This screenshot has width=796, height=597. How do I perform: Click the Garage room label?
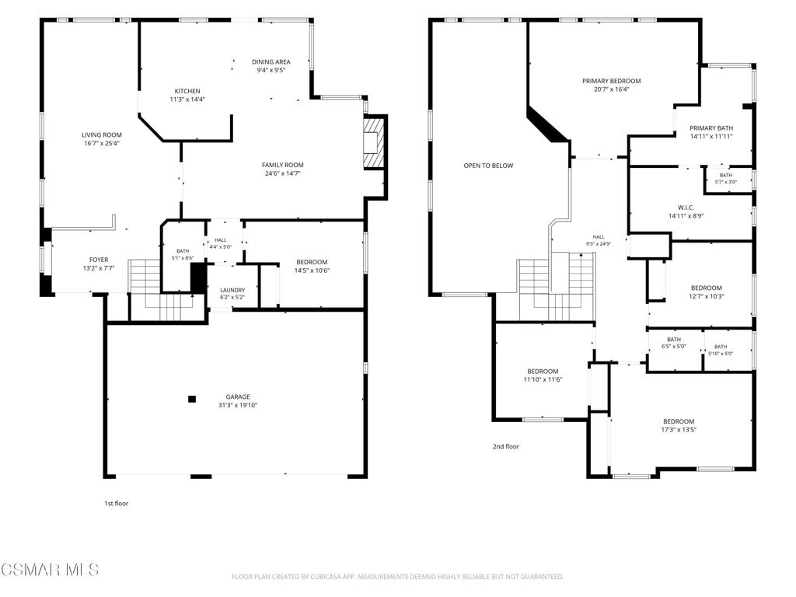[x=238, y=396]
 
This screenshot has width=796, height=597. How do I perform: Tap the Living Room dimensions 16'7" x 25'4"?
[x=102, y=143]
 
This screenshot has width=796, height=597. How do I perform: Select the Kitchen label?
[x=187, y=91]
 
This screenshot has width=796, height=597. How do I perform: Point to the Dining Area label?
[x=271, y=62]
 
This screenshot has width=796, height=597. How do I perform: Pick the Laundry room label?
[x=232, y=290]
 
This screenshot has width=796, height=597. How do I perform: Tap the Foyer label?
[x=99, y=260]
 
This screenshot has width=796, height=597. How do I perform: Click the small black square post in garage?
[x=192, y=399]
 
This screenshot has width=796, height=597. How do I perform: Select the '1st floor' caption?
[x=117, y=503]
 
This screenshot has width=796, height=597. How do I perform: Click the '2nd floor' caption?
[x=505, y=446]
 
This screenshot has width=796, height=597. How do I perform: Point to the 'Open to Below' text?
[x=488, y=166]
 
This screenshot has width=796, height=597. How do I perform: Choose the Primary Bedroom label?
[x=611, y=81]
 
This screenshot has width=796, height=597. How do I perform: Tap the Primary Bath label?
[x=711, y=128]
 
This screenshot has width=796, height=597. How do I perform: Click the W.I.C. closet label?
[x=686, y=207]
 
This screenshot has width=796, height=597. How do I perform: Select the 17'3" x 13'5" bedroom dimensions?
[x=679, y=429]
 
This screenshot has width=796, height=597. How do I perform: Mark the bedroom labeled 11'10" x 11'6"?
[x=543, y=371]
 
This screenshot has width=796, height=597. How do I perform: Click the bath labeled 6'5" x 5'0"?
[x=674, y=339]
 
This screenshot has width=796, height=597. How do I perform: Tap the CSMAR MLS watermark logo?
[x=50, y=569]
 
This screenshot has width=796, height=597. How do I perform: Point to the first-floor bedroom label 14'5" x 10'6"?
[x=312, y=262]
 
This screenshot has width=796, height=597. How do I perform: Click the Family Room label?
[x=283, y=165]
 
